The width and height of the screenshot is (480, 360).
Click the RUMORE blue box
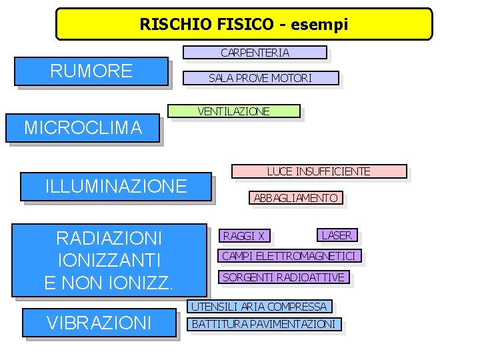pos(91,71)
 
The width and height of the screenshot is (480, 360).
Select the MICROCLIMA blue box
pos(83,127)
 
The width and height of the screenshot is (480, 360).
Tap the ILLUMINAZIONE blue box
pos(115,186)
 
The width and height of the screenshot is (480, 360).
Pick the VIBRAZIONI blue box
pos(100,323)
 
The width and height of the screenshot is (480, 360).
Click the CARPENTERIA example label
pos(255,53)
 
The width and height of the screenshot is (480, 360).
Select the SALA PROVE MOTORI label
pos(260,78)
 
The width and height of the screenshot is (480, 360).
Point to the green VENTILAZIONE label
pos(234,111)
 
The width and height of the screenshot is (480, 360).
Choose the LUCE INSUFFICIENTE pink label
pos(319,171)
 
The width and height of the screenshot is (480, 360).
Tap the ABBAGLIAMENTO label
pos(295,198)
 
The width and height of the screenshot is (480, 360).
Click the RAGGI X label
pos(244,235)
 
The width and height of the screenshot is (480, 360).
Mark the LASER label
pos(337,235)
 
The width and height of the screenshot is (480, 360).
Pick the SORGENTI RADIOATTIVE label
pos(283,277)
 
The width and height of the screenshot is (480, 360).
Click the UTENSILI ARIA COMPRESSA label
pos(259,307)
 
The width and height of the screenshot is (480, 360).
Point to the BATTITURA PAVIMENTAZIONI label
pos(264,325)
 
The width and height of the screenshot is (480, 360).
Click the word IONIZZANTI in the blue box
pos(109,260)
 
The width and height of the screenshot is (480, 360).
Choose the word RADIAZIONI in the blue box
pos(109,238)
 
